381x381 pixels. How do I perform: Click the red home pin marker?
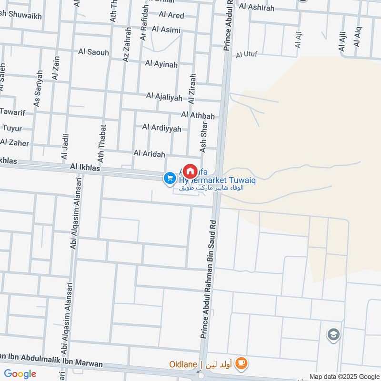(190, 171)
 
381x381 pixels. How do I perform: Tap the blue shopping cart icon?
(169, 179)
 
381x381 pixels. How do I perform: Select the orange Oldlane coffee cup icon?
(242, 364)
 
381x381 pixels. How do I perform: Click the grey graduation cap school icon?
(333, 335)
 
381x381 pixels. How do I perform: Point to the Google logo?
(20, 374)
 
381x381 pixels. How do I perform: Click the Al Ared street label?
(171, 15)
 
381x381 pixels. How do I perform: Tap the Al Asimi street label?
(166, 30)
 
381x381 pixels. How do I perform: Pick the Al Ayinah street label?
(162, 63)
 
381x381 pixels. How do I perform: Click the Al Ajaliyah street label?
(164, 97)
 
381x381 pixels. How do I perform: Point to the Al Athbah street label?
(198, 115)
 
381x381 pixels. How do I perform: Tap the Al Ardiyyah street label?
(161, 128)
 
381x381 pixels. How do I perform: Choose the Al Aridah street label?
(149, 153)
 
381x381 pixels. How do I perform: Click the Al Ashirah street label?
(258, 7)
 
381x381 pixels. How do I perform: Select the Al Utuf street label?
(247, 54)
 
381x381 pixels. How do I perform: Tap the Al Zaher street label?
(14, 143)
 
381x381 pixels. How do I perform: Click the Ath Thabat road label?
(101, 143)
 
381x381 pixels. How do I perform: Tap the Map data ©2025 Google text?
(343, 376)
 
